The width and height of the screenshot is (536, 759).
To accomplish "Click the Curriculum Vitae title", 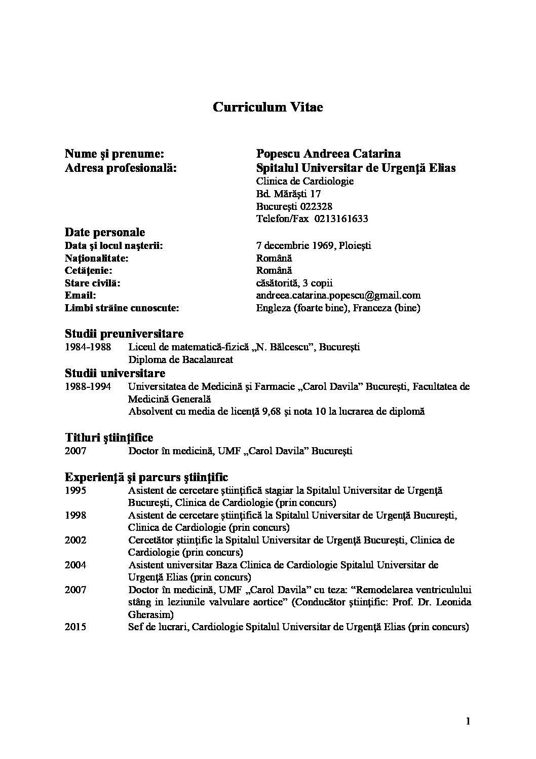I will click(x=267, y=107).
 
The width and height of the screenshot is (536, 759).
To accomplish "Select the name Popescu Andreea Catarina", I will click(x=328, y=154).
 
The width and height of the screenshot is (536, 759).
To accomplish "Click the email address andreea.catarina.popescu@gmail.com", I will click(x=338, y=295).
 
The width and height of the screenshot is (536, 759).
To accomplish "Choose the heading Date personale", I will click(x=105, y=232).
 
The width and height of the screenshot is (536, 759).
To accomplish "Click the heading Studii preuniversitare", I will click(x=124, y=334).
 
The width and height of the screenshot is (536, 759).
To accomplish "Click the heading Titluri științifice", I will click(x=109, y=437).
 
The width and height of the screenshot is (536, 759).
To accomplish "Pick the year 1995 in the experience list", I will click(x=75, y=490).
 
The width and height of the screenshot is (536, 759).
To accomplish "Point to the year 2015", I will click(x=75, y=627).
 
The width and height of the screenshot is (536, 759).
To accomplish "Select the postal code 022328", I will click(x=316, y=206).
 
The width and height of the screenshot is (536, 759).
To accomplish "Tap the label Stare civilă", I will click(x=93, y=283).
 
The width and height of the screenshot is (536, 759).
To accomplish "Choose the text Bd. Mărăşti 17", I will click(x=288, y=194).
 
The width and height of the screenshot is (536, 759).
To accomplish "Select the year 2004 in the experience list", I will click(x=75, y=565).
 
